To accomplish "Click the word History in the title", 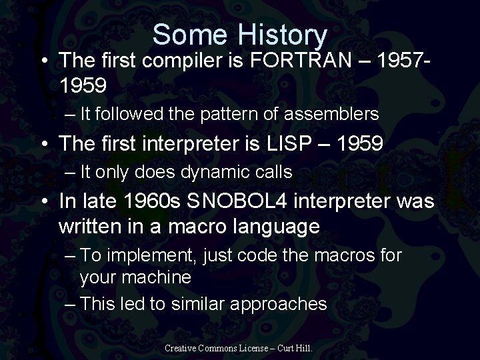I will (x=281, y=35).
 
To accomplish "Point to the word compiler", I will (x=191, y=62).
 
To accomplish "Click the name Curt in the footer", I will (x=284, y=349).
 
